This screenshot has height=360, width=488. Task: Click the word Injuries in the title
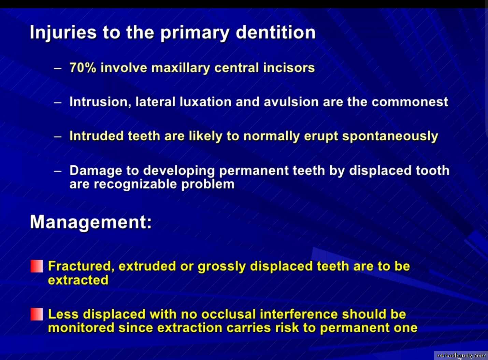[63, 33]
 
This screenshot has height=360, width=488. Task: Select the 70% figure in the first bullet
[83, 68]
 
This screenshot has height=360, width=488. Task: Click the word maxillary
[181, 68]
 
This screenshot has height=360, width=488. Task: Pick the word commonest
[410, 102]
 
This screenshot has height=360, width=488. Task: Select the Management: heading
[91, 223]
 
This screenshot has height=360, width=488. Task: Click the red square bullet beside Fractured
[37, 266]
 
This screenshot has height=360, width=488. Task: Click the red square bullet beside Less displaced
[37, 314]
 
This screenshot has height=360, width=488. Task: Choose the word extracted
[78, 280]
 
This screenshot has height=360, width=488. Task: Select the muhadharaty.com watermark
[461, 356]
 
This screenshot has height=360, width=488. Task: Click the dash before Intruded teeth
[57, 137]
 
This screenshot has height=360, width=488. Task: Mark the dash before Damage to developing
[57, 171]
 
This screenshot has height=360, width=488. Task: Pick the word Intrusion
[100, 102]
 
